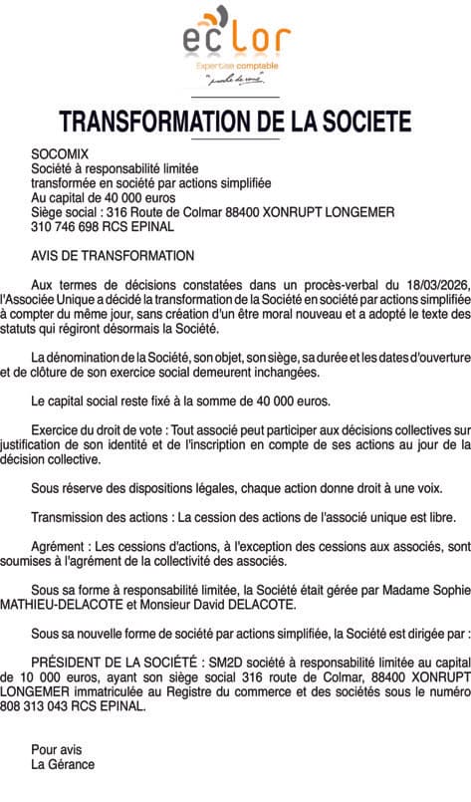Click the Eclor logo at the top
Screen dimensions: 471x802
(x=236, y=40)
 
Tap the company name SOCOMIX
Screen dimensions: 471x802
(x=60, y=154)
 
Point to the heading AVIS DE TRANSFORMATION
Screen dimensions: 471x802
(x=113, y=256)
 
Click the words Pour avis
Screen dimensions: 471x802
(x=57, y=750)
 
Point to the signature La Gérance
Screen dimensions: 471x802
(x=63, y=764)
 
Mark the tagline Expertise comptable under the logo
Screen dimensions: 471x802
(x=236, y=66)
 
